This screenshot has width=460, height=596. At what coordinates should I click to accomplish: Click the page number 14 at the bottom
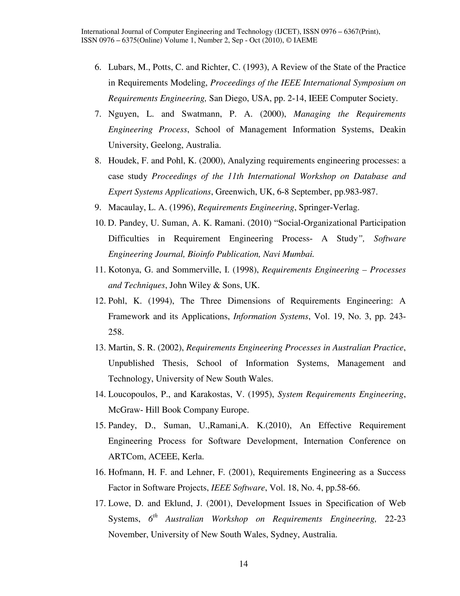coord(243,564)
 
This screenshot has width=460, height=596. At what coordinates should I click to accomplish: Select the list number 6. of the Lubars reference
coord(98,67)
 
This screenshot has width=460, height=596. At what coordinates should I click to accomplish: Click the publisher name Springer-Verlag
coord(329,207)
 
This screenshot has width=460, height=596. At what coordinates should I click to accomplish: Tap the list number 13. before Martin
coord(100,348)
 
